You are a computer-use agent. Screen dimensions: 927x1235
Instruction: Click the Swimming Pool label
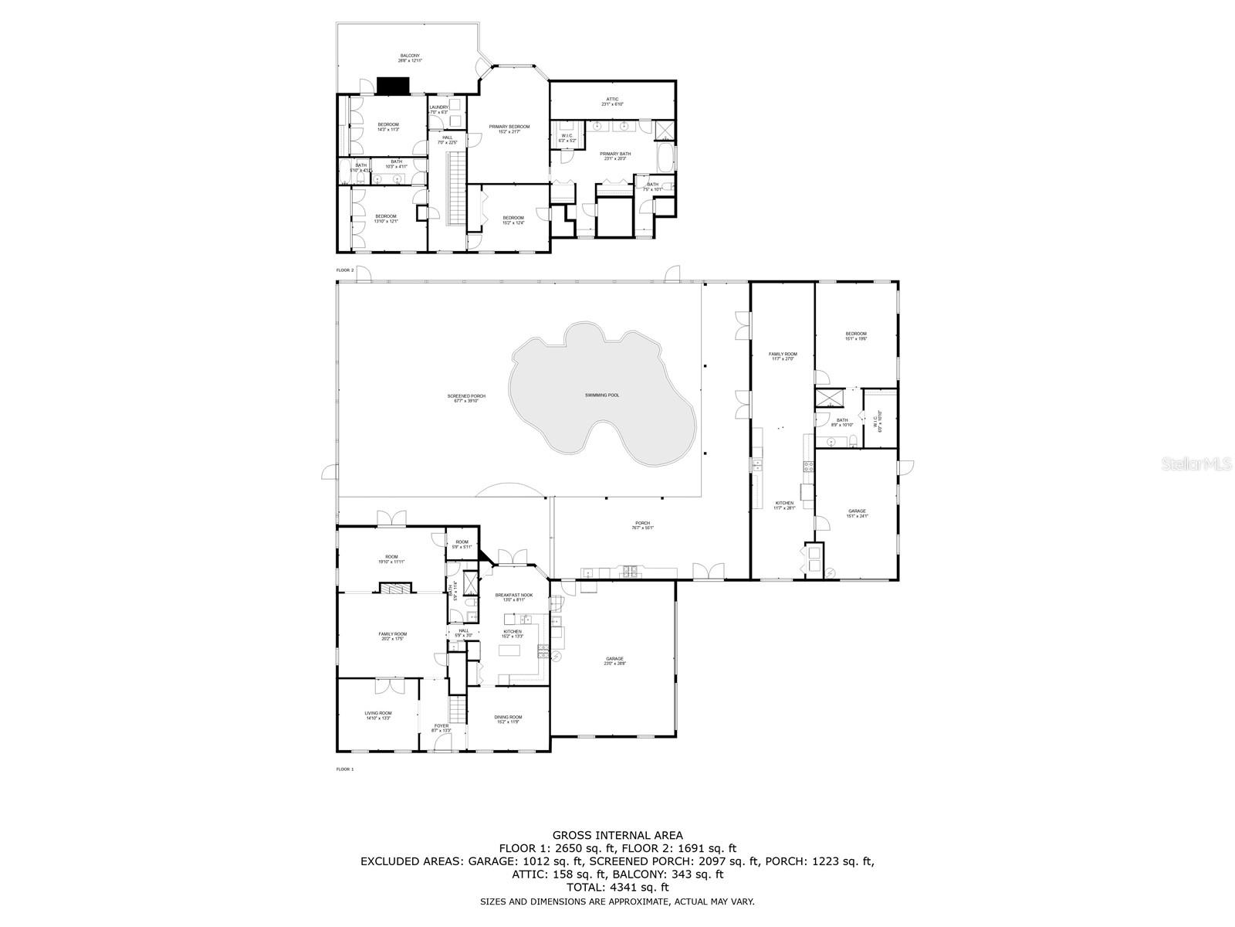tap(602, 396)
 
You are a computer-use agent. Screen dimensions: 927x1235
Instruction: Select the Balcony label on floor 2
tap(410, 58)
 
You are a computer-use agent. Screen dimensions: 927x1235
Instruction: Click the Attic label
tap(612, 101)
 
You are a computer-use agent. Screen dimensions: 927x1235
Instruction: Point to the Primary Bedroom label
tap(509, 128)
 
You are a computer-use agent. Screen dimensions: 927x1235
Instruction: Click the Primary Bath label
tap(617, 156)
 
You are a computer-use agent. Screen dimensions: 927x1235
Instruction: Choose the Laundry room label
tap(438, 110)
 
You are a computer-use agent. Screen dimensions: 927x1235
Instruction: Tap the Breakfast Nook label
tap(513, 597)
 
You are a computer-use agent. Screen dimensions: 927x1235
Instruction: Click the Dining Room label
tap(508, 719)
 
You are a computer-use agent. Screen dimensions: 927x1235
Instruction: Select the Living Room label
tap(378, 715)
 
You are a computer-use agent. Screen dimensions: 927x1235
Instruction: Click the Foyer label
tap(441, 728)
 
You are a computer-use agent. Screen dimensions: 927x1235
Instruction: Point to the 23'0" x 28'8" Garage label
tap(614, 661)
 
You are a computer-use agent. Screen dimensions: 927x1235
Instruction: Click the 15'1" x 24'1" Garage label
tap(857, 513)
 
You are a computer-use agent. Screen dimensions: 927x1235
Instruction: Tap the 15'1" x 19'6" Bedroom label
tap(856, 336)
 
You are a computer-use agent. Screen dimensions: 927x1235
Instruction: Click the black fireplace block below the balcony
tap(392, 86)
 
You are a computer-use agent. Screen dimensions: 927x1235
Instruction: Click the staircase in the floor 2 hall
tap(456, 189)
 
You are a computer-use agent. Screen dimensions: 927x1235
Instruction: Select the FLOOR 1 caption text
tap(345, 769)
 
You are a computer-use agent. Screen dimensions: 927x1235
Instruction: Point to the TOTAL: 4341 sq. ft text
tap(617, 888)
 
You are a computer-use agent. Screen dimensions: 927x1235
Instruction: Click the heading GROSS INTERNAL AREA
tap(617, 835)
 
